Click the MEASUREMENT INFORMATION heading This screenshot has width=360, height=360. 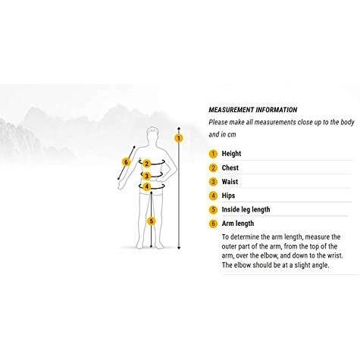pos(252,110)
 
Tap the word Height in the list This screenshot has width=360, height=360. pos(231,154)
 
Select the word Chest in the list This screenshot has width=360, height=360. pos(230,167)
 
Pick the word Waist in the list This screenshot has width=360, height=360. pos(230,182)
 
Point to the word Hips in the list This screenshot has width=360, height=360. pos(228,196)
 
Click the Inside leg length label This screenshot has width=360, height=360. pos(246,209)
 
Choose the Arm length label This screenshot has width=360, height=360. pos(238,224)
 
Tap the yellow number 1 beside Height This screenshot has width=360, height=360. pos(213,154)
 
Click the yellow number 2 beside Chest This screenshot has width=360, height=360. pos(213,167)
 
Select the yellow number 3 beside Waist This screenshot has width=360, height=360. pos(213,182)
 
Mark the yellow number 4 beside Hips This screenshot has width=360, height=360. pos(213,196)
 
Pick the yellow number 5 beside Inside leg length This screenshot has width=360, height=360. pos(213,210)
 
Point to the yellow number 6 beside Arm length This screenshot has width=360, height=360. pos(213,224)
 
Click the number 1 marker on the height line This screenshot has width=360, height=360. pos(179,138)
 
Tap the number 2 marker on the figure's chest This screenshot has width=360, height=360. pos(146,164)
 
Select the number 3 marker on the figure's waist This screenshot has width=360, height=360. pos(146,176)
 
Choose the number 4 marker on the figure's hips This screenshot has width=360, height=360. pos(147,186)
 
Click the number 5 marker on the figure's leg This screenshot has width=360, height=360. pos(152,221)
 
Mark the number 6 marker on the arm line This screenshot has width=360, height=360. pos(126,162)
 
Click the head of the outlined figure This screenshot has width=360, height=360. pos(153,134)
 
